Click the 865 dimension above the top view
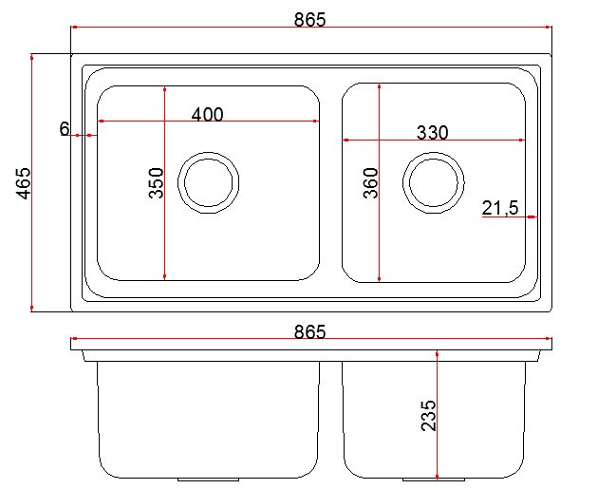click(x=310, y=20)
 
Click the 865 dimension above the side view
click(x=310, y=331)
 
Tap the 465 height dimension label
click(x=23, y=183)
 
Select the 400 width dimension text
click(x=208, y=114)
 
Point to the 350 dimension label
click(x=156, y=183)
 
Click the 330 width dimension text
click(x=432, y=133)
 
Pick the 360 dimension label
click(x=370, y=183)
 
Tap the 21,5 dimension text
click(x=500, y=208)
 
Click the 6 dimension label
click(x=65, y=128)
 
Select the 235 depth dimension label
click(x=428, y=416)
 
